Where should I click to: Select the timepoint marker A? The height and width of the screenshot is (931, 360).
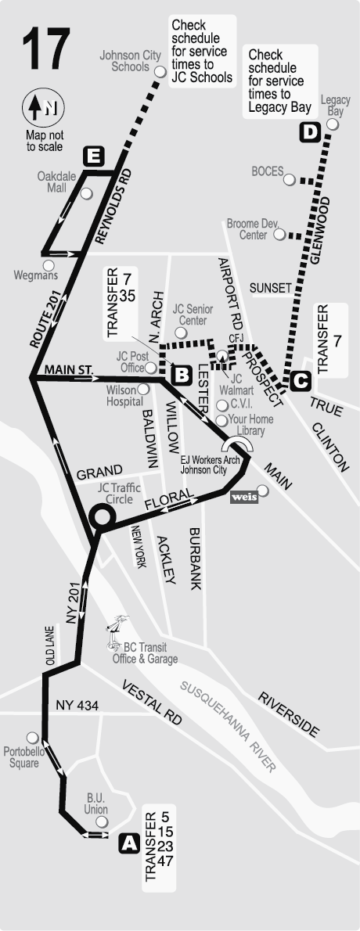click(129, 843)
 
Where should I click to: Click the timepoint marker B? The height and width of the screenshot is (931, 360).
click(182, 375)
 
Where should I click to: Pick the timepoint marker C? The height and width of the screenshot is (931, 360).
click(301, 381)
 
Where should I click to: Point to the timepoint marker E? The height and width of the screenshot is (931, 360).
click(94, 156)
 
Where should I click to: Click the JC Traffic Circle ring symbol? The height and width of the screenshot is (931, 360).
click(102, 516)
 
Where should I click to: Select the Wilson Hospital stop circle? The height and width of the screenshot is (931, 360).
click(144, 389)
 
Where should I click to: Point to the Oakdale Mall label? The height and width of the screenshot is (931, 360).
click(56, 182)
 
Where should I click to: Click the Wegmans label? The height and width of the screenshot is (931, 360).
click(36, 275)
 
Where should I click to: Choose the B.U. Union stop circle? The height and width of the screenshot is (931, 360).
click(101, 822)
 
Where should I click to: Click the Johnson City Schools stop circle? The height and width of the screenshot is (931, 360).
click(160, 71)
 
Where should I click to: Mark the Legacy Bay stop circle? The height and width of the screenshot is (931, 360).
click(333, 124)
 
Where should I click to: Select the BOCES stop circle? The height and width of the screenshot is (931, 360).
click(290, 180)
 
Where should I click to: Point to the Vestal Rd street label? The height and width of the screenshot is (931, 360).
click(151, 699)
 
